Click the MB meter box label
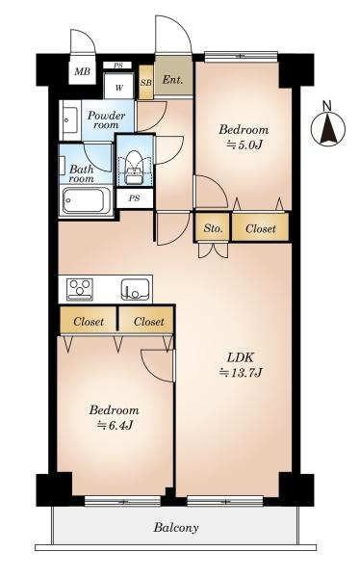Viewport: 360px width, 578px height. (x=82, y=71)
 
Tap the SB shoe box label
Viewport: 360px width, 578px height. (x=146, y=83)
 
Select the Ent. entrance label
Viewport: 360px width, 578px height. (x=173, y=80)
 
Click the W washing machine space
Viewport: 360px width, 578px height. (x=118, y=88)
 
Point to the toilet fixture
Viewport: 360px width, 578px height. (x=134, y=167)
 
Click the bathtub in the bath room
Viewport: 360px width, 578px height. (x=87, y=200)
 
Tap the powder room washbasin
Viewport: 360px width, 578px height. (x=70, y=119)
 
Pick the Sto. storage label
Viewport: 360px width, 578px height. (x=214, y=228)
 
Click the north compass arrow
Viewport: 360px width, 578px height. (x=328, y=129)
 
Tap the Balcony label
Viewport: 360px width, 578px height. (x=176, y=528)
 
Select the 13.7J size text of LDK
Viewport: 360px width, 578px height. (x=241, y=374)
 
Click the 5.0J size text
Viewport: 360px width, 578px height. (x=244, y=144)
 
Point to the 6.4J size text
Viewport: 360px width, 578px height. (x=115, y=426)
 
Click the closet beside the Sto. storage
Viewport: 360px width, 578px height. (x=260, y=228)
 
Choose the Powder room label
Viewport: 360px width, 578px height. (x=107, y=120)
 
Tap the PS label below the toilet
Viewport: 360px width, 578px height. (x=135, y=198)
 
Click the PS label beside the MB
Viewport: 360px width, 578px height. (x=117, y=66)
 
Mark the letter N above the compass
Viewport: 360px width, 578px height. (x=327, y=106)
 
